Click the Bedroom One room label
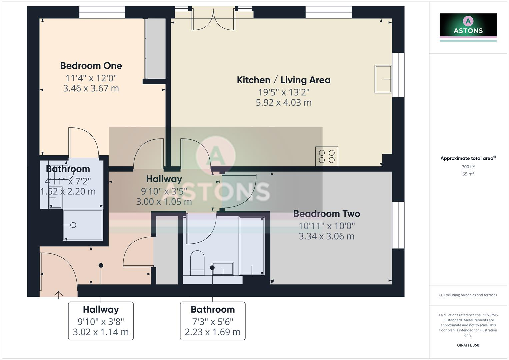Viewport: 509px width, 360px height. pos(91,66)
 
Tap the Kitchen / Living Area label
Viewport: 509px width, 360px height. pos(283,80)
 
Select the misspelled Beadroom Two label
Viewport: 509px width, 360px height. pos(326,214)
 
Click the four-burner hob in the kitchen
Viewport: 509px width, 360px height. pos(327,156)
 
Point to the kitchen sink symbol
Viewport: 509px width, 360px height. pos(383,79)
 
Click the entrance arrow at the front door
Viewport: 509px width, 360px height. pos(59,295)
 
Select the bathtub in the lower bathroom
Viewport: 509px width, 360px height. pos(252,245)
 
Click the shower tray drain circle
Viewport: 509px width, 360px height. pos(73,225)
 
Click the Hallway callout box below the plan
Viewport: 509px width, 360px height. pos(101,321)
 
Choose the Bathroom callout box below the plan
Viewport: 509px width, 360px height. pos(213,321)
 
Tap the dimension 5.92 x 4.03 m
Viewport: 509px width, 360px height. pos(283,103)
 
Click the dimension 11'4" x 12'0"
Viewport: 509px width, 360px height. pos(91,78)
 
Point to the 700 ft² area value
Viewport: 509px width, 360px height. pos(468,167)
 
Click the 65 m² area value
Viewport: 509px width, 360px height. pos(468,174)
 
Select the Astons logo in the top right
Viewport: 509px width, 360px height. pos(468,27)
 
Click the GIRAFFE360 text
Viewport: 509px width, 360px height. pos(468,345)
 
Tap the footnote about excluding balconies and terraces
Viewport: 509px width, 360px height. pos(468,295)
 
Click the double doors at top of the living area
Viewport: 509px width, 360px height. pos(213,20)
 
